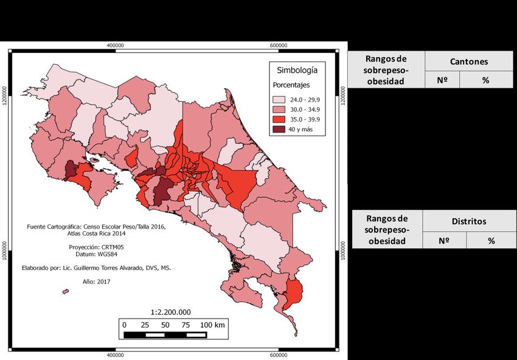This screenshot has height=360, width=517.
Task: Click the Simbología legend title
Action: point(297,70)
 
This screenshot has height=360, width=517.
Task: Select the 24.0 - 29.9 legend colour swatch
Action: point(279,99)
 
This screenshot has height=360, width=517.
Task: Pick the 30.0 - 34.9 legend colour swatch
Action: point(279,109)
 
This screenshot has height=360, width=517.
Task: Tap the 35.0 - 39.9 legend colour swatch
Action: point(279,119)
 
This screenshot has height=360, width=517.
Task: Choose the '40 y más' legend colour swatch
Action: point(279,130)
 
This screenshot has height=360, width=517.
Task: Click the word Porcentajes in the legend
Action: point(291,85)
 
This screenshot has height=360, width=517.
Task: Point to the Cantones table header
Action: point(469,61)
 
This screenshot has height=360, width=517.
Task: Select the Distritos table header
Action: point(468,221)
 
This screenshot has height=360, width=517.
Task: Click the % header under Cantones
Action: point(485,80)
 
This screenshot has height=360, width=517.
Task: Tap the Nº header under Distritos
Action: point(444,240)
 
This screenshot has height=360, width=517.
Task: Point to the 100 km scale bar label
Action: point(212,325)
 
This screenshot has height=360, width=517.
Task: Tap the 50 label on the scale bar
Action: point(165,325)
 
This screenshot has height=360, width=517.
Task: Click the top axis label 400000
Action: point(116,46)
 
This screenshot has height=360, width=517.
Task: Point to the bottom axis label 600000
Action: point(279,355)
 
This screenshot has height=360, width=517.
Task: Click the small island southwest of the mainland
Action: point(65,292)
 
